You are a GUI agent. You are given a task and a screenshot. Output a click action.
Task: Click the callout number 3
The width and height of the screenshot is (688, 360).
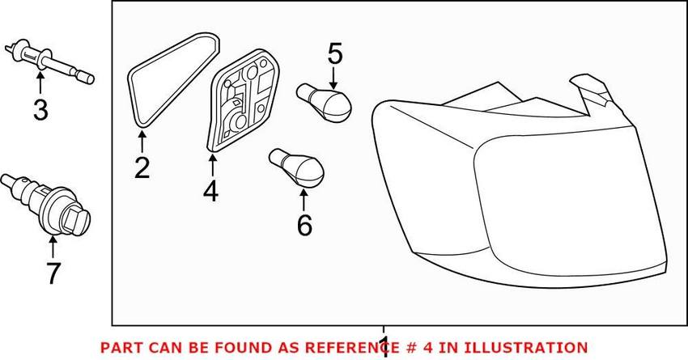(40, 108)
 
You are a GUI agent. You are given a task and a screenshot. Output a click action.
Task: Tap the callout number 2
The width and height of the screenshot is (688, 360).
(142, 168)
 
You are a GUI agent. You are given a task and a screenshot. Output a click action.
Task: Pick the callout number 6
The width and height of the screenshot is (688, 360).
(304, 225)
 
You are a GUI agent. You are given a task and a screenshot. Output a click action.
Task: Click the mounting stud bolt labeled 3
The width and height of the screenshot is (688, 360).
(49, 61)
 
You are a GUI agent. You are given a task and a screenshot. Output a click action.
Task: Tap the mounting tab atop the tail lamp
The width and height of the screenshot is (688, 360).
(591, 89)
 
